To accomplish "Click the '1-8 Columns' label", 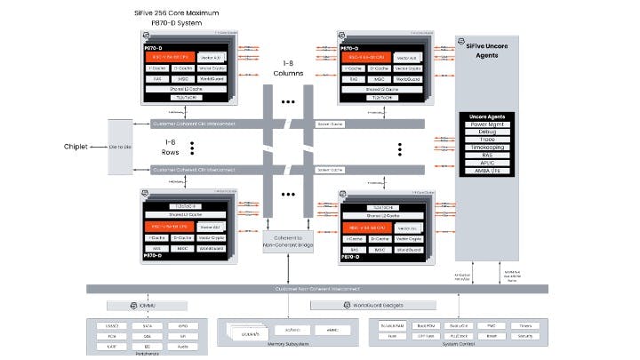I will pos(289,70).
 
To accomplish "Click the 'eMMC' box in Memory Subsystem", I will pos(332,329).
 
